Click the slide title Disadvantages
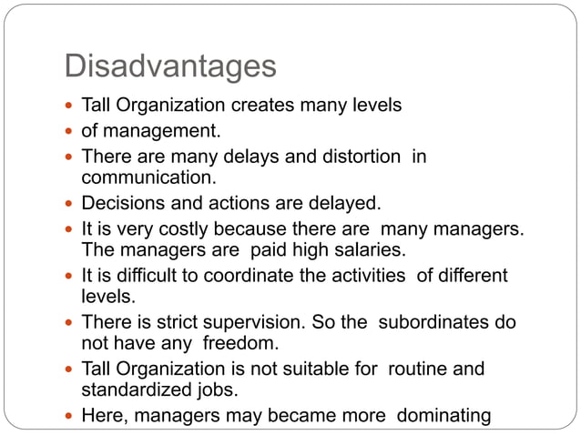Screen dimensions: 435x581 click(170, 66)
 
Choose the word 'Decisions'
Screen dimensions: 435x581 click(121, 202)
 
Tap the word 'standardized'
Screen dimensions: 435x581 click(135, 390)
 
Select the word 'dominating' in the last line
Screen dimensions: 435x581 click(444, 416)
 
